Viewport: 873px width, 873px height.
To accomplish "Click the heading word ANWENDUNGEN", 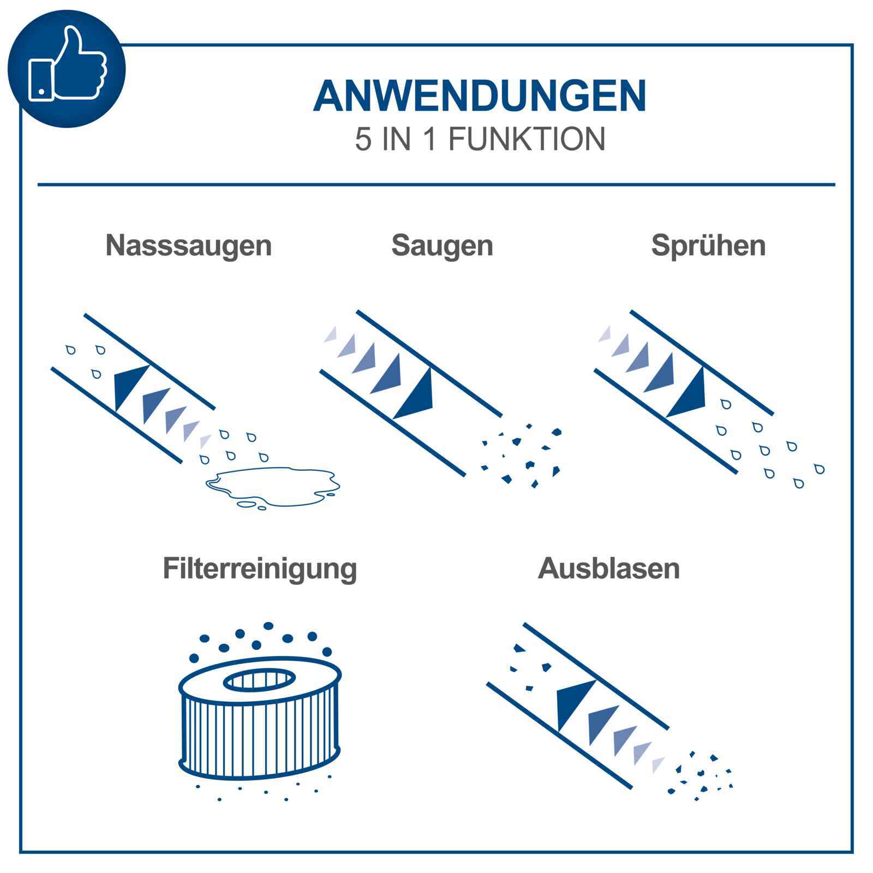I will [x=479, y=96].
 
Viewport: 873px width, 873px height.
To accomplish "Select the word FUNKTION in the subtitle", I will [x=527, y=139].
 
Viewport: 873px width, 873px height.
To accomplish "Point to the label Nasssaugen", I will [x=188, y=245].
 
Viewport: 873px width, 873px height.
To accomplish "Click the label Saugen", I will [x=442, y=245].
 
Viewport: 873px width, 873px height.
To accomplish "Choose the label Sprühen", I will [x=708, y=245].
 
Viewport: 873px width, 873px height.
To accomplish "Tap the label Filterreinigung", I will [x=260, y=568].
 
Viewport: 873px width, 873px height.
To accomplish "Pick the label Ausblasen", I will [x=609, y=568].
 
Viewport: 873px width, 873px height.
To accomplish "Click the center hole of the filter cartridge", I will [x=260, y=679].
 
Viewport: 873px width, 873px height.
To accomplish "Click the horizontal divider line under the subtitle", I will [x=436, y=184].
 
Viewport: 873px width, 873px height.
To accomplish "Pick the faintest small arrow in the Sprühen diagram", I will [x=605, y=334].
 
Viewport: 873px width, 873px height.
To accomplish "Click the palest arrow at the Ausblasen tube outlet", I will [x=657, y=764].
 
